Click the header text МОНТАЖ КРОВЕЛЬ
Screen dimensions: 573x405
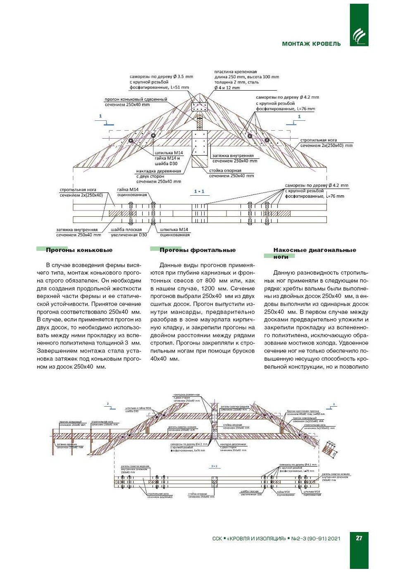pyautogui.click(x=311, y=44)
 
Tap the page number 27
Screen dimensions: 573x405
pyautogui.click(x=359, y=538)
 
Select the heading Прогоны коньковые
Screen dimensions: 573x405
pyautogui.click(x=79, y=250)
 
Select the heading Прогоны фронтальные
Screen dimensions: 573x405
pyautogui.click(x=198, y=250)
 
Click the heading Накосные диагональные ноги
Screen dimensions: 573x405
pyautogui.click(x=314, y=253)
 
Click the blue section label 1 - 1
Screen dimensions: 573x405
pyautogui.click(x=199, y=191)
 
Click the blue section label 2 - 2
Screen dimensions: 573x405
pyautogui.click(x=214, y=466)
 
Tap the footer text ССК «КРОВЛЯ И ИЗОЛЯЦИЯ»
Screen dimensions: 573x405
pyautogui.click(x=249, y=538)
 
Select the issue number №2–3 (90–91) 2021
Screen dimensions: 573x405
pyautogui.click(x=316, y=538)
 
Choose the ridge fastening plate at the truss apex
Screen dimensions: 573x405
pyautogui.click(x=199, y=107)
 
